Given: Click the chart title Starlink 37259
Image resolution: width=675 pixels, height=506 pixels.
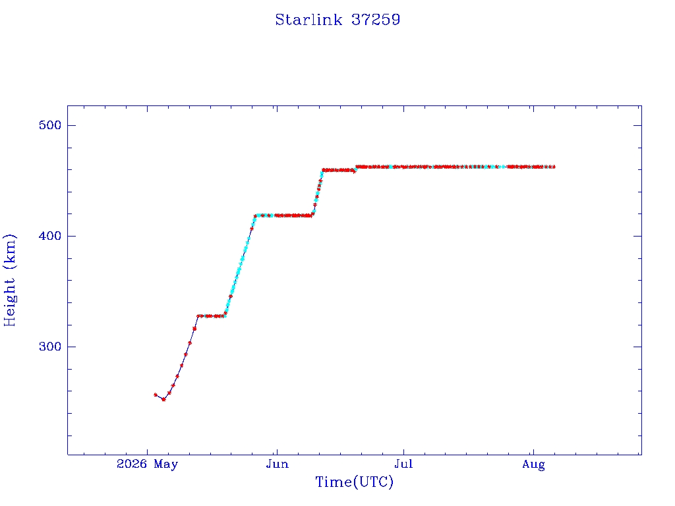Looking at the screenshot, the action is coord(337,20).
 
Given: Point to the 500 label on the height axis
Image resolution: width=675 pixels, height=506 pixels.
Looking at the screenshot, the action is coord(50,125).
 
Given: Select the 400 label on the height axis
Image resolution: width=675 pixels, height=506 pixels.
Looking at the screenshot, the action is coord(50,236).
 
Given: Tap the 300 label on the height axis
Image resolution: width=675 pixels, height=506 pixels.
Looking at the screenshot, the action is coord(50,347).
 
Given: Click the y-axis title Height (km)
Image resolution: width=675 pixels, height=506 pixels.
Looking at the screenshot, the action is coord(9,280).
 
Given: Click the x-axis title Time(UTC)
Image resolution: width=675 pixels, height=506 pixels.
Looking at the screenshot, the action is coord(354,482).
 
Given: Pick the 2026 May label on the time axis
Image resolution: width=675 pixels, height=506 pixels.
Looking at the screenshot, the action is coord(147,464).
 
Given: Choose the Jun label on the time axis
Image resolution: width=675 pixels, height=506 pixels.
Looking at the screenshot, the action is coord(278,464).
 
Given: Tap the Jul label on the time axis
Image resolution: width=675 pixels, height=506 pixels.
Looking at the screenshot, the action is coord(404,464).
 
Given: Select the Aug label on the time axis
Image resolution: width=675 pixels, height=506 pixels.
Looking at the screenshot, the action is coord(533,464).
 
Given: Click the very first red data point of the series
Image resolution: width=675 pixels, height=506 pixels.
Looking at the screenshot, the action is coord(156,395).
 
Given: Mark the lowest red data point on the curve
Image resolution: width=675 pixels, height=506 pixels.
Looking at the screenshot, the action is coord(163,399).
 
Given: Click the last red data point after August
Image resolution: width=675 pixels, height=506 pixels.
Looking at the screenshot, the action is coord(553,167).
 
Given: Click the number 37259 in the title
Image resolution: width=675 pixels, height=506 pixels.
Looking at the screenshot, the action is coord(376,20).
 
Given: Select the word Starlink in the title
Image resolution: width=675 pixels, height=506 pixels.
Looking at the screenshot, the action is coord(308,20).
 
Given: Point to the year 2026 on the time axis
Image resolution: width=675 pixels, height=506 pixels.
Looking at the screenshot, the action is coord(132,464).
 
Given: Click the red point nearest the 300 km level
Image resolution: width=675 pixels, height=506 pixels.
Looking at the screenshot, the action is coord(190,343).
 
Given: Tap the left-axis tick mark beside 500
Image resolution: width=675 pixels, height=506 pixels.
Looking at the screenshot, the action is coord(71,125).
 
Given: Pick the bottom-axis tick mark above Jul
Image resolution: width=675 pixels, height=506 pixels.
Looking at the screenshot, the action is coord(404,451).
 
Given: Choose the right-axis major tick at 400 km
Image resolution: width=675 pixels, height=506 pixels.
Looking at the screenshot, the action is coord(637,236).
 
